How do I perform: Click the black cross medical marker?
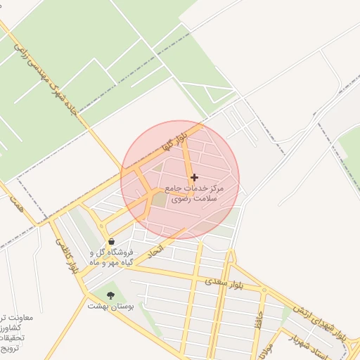[x=194, y=177]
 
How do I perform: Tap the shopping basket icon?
[x=111, y=241]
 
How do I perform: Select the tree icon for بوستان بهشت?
[x=110, y=295]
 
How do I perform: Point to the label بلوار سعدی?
[x=223, y=282]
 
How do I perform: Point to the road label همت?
[x=15, y=205]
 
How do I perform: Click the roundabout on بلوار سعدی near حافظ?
[x=263, y=289]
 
